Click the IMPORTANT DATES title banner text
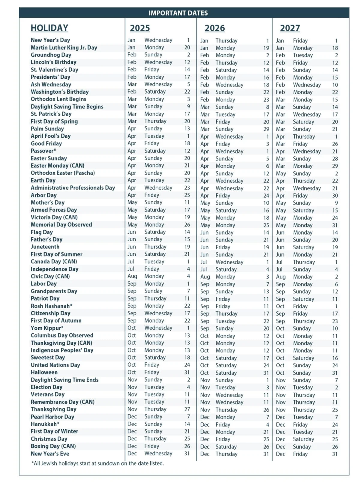[x=178, y=13]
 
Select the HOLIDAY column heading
[x=49, y=28]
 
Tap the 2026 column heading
[x=214, y=28]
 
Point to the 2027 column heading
[x=290, y=28]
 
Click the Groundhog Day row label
[x=51, y=55]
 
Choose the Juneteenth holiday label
[x=45, y=247]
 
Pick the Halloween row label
[x=44, y=372]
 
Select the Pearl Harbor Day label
[x=52, y=417]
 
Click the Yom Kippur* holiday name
[x=47, y=328]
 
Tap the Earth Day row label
[x=43, y=180]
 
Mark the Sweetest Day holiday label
[x=48, y=358]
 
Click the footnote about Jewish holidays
[x=98, y=463]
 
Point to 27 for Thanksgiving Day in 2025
[x=187, y=409]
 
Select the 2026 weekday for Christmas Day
[x=223, y=439]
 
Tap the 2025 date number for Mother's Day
[x=187, y=202]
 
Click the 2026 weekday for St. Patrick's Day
[x=225, y=114]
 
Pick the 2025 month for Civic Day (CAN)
[x=132, y=276]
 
